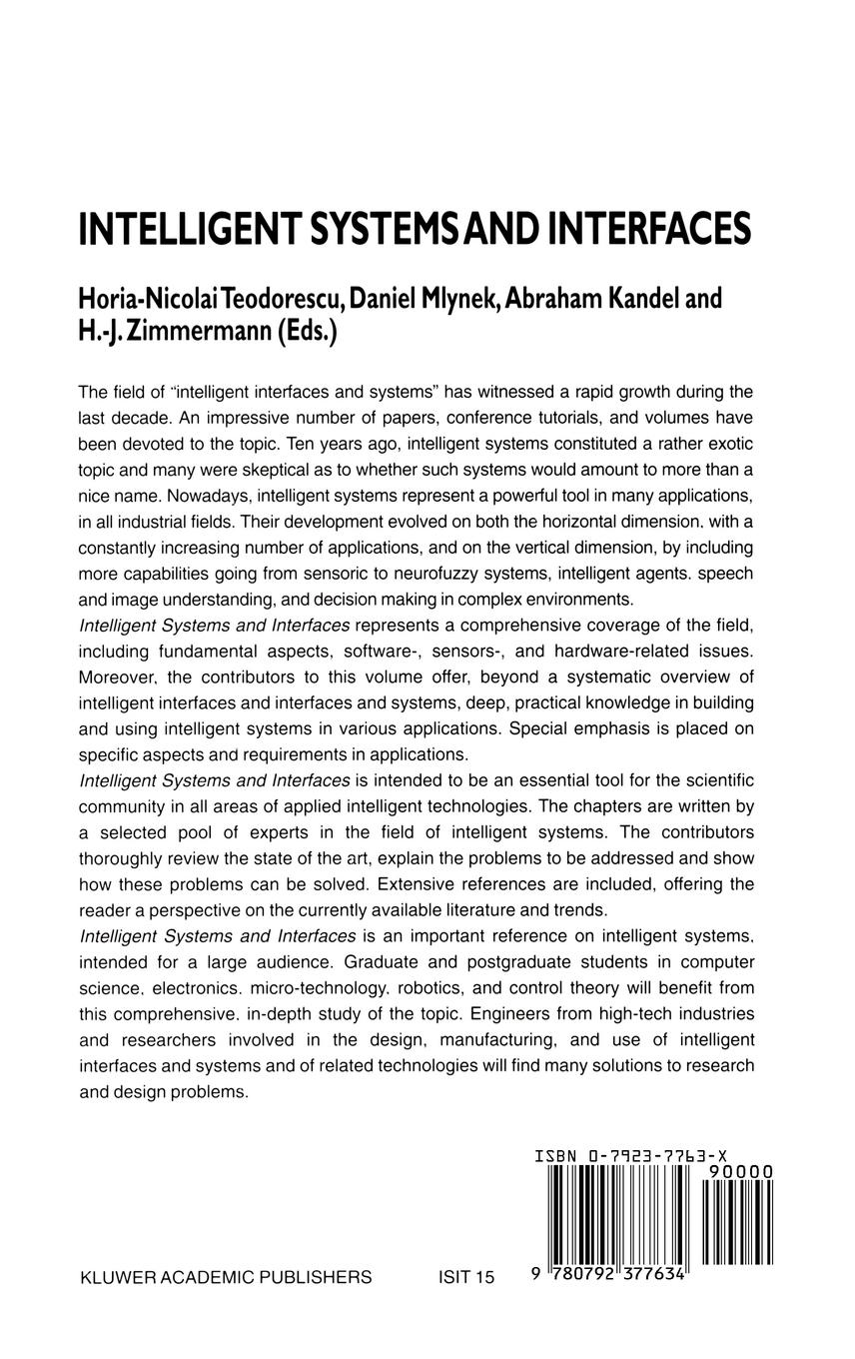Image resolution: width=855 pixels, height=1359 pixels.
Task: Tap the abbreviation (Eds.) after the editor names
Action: point(306,331)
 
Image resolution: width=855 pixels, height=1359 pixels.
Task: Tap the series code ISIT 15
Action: point(466,1277)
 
